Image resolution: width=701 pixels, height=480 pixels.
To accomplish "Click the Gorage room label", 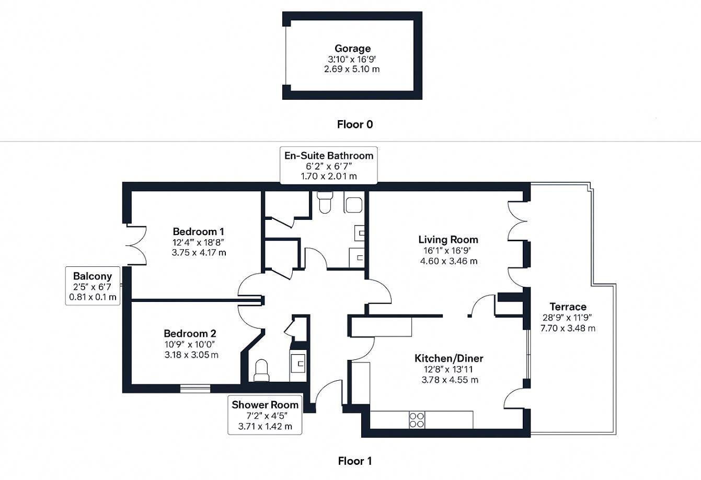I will (353, 49).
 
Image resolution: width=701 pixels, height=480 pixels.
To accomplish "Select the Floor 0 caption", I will (355, 124).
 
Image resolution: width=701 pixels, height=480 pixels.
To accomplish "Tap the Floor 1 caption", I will (355, 461).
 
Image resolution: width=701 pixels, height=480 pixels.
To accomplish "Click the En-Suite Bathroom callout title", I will (329, 156).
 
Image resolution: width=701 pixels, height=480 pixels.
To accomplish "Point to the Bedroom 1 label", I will (199, 231).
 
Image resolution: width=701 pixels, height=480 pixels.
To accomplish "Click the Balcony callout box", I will (93, 287).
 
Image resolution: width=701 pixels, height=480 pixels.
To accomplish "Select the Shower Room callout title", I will (265, 405).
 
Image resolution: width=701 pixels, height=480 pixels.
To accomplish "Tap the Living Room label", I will (448, 240).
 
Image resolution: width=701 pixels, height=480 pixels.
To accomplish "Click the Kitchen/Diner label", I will (449, 358).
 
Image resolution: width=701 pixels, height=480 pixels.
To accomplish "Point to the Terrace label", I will (568, 307).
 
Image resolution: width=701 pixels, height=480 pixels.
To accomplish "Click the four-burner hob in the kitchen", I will (417, 420).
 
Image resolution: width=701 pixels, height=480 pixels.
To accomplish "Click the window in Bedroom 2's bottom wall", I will (196, 388).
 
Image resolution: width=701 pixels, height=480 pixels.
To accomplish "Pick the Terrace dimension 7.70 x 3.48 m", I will (568, 329).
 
